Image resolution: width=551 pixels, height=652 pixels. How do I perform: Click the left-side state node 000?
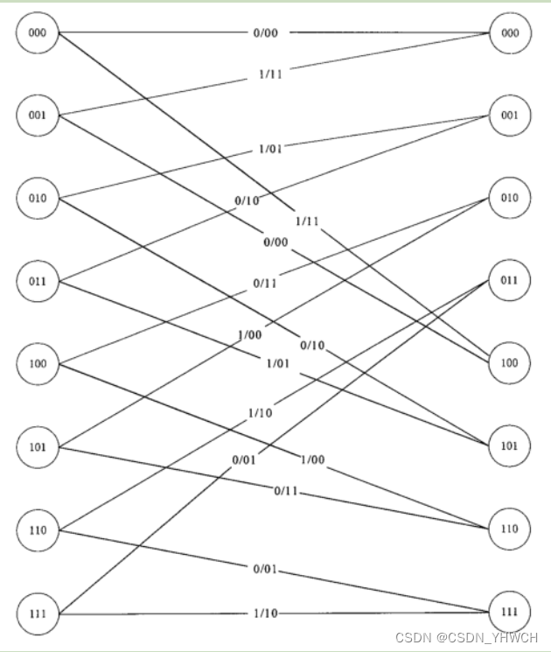(37, 34)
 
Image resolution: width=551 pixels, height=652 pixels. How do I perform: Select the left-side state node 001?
(37, 116)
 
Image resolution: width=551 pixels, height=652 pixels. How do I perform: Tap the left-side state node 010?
(37, 198)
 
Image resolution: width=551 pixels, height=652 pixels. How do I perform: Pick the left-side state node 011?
(37, 281)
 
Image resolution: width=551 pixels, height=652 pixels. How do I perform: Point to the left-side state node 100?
(37, 364)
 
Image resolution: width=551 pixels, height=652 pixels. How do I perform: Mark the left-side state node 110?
(37, 530)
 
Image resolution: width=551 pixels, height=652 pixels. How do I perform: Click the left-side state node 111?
(37, 613)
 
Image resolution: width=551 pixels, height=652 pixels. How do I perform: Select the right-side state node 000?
(510, 33)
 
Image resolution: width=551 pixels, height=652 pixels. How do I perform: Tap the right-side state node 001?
(510, 115)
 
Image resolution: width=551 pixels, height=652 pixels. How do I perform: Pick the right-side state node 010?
(510, 198)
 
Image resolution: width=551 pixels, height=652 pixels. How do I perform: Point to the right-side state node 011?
(510, 280)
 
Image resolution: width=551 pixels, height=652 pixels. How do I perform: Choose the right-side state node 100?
(510, 363)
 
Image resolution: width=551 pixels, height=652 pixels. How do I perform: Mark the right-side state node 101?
(510, 446)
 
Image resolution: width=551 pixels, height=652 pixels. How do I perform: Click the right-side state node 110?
(510, 529)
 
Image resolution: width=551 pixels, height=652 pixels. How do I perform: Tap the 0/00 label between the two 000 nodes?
(266, 33)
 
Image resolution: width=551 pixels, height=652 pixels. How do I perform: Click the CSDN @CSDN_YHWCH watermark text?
(466, 638)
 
